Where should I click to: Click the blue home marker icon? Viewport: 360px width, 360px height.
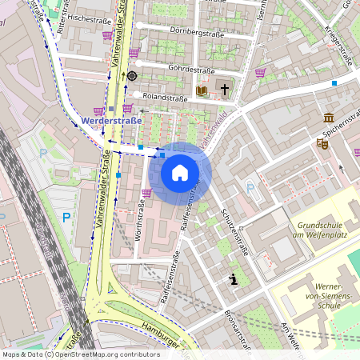(x=180, y=172)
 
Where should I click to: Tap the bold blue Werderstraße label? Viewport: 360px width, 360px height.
(x=111, y=121)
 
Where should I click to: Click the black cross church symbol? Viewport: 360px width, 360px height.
(x=225, y=89)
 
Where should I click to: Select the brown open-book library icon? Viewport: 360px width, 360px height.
(x=202, y=90)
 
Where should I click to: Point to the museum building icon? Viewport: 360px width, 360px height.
(x=328, y=118)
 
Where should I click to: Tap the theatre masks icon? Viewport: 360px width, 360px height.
(x=322, y=144)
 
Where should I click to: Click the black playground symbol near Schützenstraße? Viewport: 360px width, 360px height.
(x=234, y=279)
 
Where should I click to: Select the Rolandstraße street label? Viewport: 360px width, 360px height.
(x=164, y=98)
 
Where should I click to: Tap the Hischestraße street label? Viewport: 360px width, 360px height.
(x=89, y=16)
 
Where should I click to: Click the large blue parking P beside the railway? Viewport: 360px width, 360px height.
(x=67, y=217)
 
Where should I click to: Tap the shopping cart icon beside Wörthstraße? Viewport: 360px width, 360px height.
(x=146, y=192)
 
